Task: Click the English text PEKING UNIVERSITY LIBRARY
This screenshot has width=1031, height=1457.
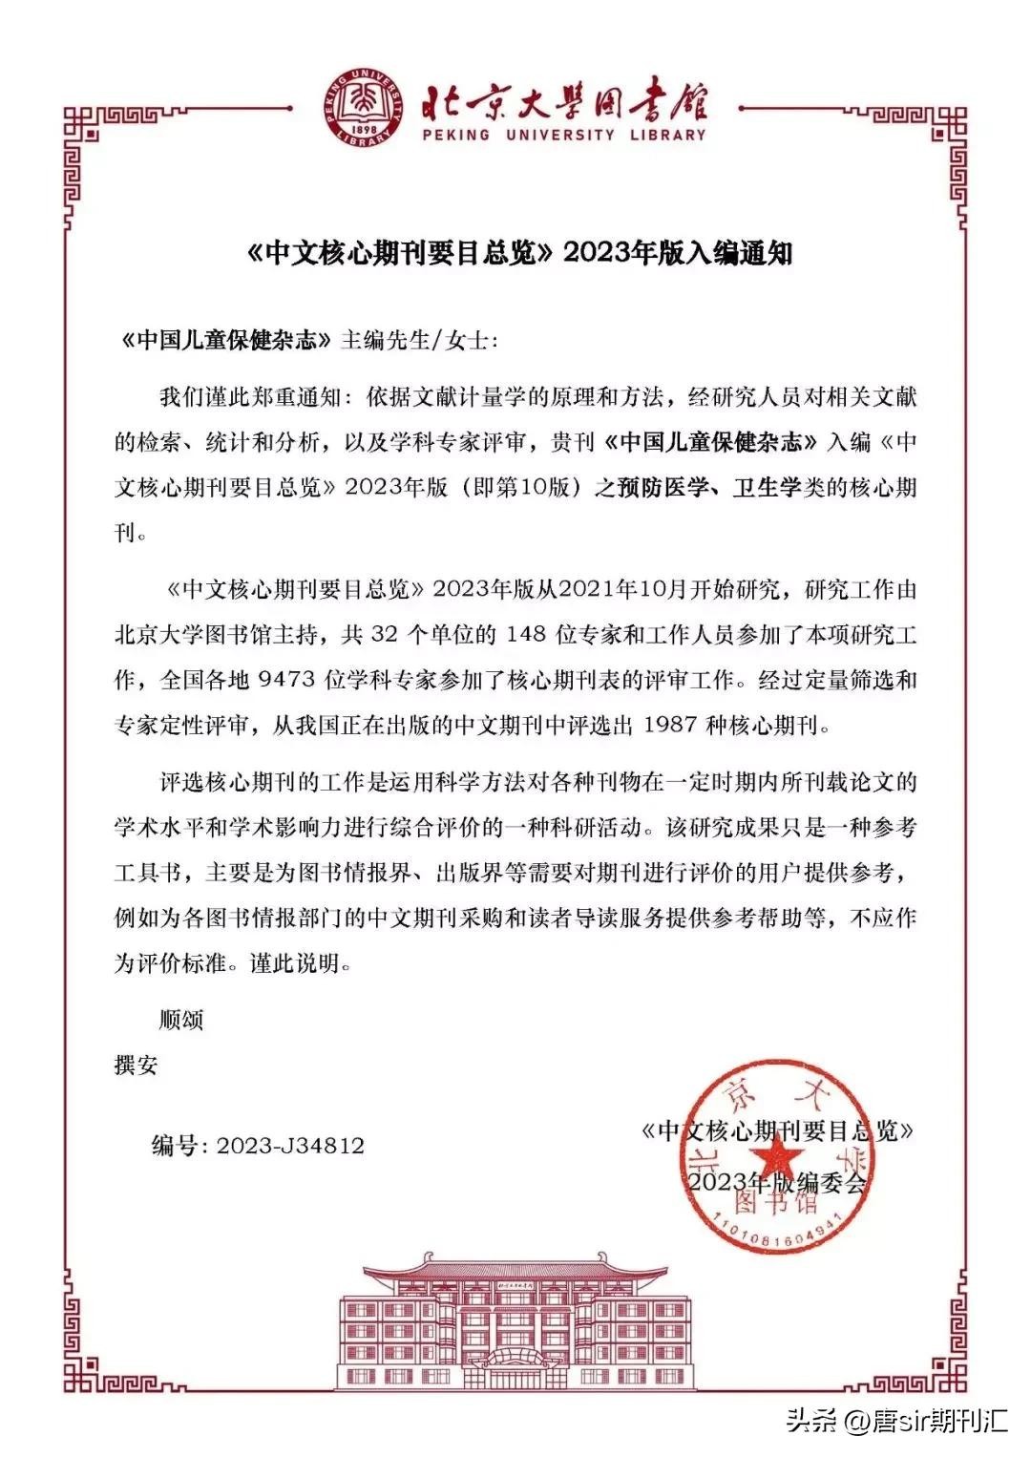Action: [x=564, y=135]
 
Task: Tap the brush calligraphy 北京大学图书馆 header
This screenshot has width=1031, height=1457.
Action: [x=565, y=98]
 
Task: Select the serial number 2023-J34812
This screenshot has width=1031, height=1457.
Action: [x=290, y=1146]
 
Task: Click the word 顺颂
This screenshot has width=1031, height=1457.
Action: [x=181, y=1020]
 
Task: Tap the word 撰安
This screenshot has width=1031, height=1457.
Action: [x=136, y=1066]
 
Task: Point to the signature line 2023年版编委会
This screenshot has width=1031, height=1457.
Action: [x=777, y=1182]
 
